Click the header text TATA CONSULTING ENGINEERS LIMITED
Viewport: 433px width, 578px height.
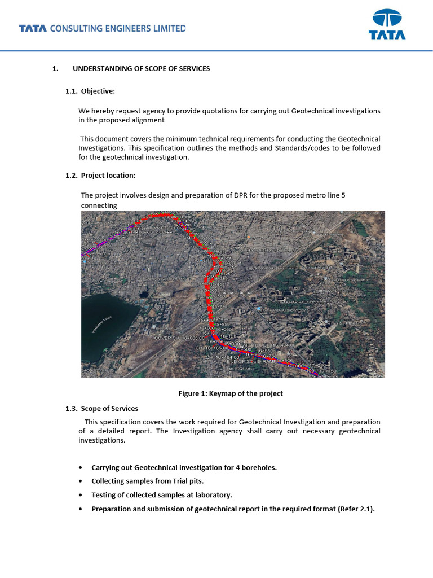[x=102, y=28]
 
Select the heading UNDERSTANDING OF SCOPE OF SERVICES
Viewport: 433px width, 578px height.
[x=141, y=68]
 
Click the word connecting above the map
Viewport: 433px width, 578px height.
[x=99, y=205]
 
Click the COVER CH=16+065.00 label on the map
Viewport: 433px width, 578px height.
[x=179, y=338]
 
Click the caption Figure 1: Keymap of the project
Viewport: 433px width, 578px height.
[x=231, y=393]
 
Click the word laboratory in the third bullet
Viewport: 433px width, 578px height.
[x=212, y=495]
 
